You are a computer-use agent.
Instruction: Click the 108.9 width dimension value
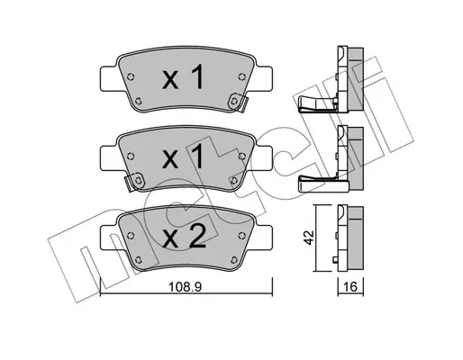[186, 287]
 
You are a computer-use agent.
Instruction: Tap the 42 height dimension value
[310, 238]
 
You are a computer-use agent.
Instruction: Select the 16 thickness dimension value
[350, 287]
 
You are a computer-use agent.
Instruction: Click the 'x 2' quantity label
[184, 238]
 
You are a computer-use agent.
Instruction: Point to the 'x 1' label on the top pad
[183, 78]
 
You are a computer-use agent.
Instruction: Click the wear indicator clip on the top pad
[237, 103]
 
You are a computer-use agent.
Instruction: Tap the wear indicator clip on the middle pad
[134, 181]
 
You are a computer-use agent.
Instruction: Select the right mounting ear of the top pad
[263, 78]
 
